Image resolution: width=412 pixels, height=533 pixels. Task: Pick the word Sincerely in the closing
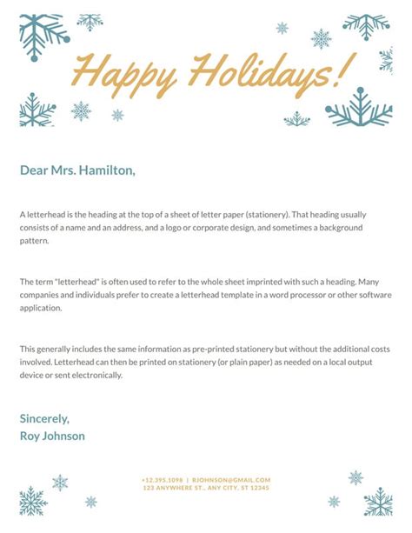pyautogui.click(x=44, y=418)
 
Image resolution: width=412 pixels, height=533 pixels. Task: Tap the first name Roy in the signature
pyautogui.click(x=30, y=436)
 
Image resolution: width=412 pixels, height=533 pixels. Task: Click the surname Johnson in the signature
pyautogui.click(x=63, y=436)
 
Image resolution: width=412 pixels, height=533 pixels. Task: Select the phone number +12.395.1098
pyautogui.click(x=163, y=480)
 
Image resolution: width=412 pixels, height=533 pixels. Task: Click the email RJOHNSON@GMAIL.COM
pyautogui.click(x=231, y=480)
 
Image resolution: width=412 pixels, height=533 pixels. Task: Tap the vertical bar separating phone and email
pyautogui.click(x=188, y=480)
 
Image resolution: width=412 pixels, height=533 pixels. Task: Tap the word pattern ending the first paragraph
pyautogui.click(x=34, y=241)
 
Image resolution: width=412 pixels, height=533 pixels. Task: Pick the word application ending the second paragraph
pyautogui.click(x=41, y=310)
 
